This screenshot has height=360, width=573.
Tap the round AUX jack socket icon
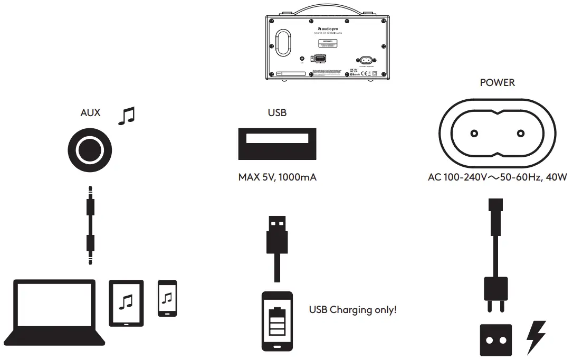point(89,150)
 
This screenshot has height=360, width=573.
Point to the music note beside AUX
point(126,116)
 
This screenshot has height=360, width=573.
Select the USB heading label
point(277,112)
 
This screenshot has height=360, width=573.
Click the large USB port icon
point(277,143)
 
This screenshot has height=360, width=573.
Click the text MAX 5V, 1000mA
point(277,177)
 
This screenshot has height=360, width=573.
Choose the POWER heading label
point(497,83)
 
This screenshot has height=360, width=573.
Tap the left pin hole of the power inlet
point(473,134)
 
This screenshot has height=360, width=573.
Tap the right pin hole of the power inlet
point(521,134)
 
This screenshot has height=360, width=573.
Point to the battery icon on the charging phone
point(276,322)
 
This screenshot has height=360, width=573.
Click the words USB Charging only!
point(352,310)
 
